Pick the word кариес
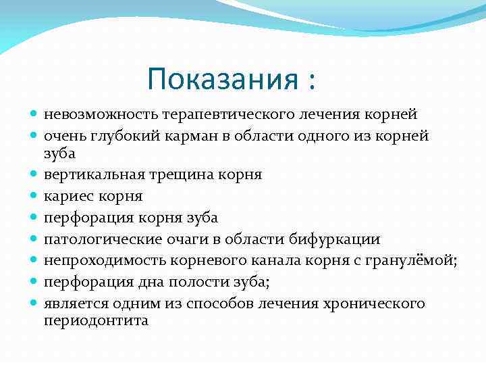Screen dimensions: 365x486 pos(67,196)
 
